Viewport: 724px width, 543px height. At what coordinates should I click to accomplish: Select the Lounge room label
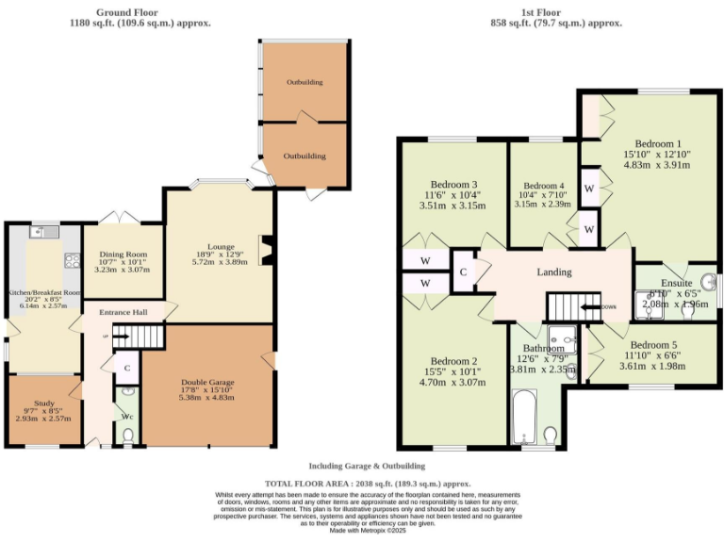pos(221,248)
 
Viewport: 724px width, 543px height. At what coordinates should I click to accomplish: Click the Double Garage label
pos(206,383)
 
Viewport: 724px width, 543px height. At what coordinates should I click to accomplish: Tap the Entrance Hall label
pos(122,312)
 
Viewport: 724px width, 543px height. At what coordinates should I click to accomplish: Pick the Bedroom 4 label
pos(543,186)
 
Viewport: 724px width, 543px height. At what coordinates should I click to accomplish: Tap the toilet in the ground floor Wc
pos(127,435)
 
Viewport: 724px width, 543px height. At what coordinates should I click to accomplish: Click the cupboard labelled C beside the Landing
pos(464,271)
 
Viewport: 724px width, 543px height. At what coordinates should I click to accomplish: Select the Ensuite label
pos(676,282)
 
